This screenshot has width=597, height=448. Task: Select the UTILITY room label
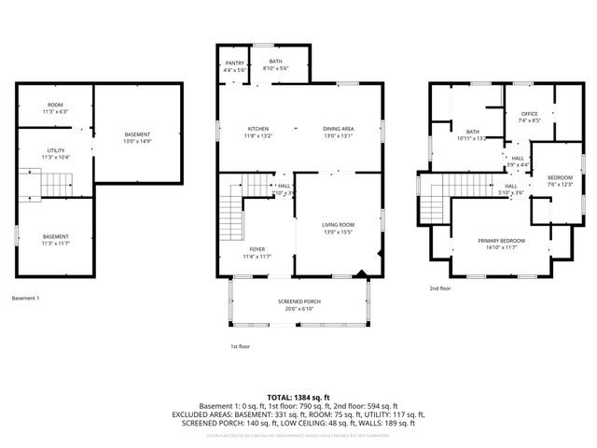point(56,153)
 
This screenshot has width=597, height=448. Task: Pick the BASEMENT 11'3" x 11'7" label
point(56,240)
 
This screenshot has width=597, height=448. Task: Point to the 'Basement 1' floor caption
point(25,299)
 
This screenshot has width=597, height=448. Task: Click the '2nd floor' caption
point(439,288)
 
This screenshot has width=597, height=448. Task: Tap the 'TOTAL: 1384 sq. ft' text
point(298,398)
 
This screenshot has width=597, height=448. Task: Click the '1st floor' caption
point(241,346)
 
